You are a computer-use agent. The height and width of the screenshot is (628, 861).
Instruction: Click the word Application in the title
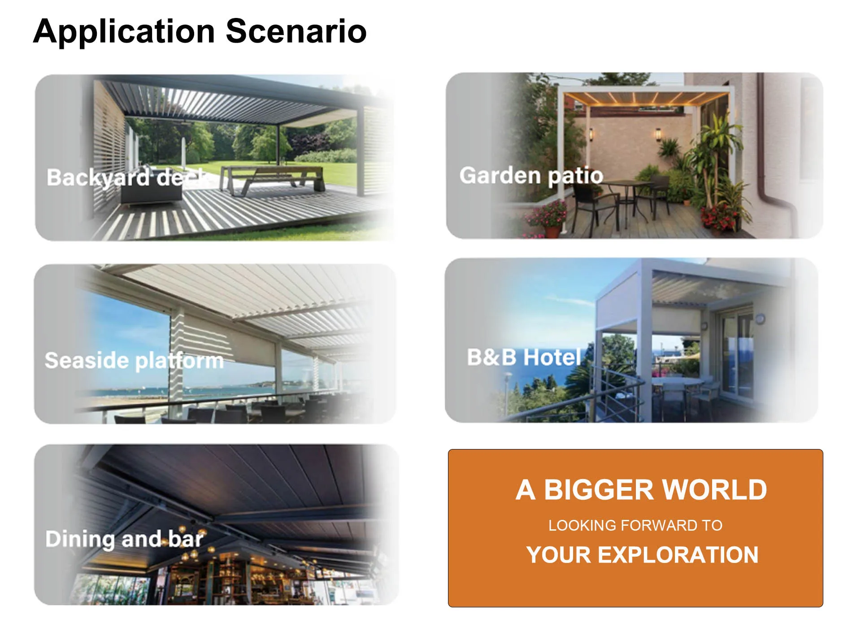tap(124, 32)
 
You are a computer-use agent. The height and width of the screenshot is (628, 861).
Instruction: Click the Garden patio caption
tap(531, 175)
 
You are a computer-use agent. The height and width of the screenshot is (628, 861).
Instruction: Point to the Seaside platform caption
tap(134, 361)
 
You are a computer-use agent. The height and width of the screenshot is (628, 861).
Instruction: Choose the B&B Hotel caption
tap(524, 357)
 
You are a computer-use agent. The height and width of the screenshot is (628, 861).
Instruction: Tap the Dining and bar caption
tap(125, 539)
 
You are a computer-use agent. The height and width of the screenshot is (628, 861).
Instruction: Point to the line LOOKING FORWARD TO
tap(635, 525)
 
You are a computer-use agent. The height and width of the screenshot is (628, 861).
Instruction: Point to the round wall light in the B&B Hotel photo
tap(760, 319)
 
